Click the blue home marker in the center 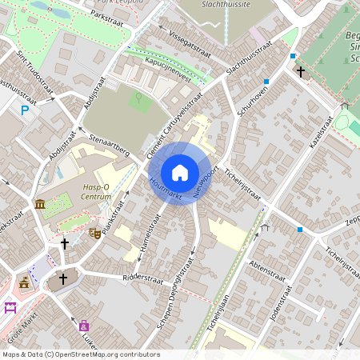tap(179, 173)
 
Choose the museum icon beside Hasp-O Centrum tap(40, 206)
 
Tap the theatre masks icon tap(94, 233)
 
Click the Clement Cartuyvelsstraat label tap(172, 128)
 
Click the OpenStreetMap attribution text tap(80, 354)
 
